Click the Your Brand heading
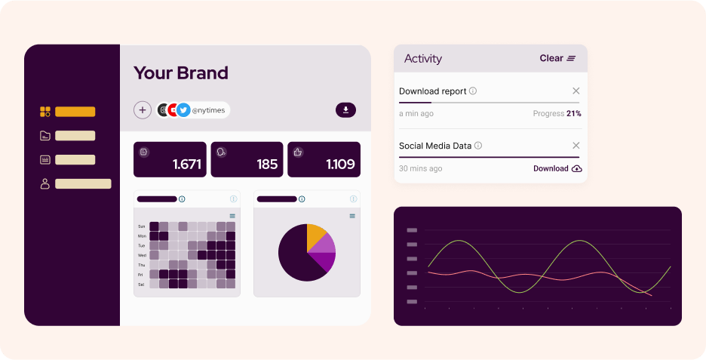click(180, 73)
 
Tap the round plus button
click(143, 110)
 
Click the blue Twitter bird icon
click(183, 110)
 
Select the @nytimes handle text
click(208, 110)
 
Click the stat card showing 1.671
click(170, 159)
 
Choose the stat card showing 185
click(247, 159)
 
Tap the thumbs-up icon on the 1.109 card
click(298, 152)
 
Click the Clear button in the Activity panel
click(557, 58)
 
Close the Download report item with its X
click(576, 91)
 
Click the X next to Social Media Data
click(576, 146)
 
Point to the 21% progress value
click(573, 113)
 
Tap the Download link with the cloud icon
click(557, 168)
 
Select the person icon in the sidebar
click(45, 184)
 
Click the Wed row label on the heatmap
click(142, 255)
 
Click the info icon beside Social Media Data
click(478, 146)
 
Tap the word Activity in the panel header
click(423, 59)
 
